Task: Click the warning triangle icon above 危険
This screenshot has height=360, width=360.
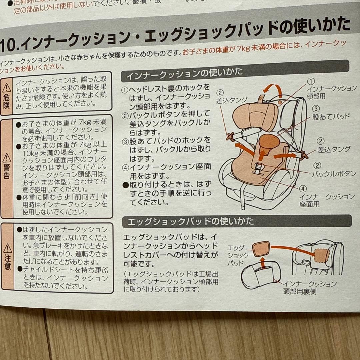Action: pyautogui.click(x=7, y=88)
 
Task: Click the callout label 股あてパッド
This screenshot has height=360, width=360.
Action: pyautogui.click(x=331, y=117)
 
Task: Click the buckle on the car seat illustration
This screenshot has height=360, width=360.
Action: pyautogui.click(x=258, y=168)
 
